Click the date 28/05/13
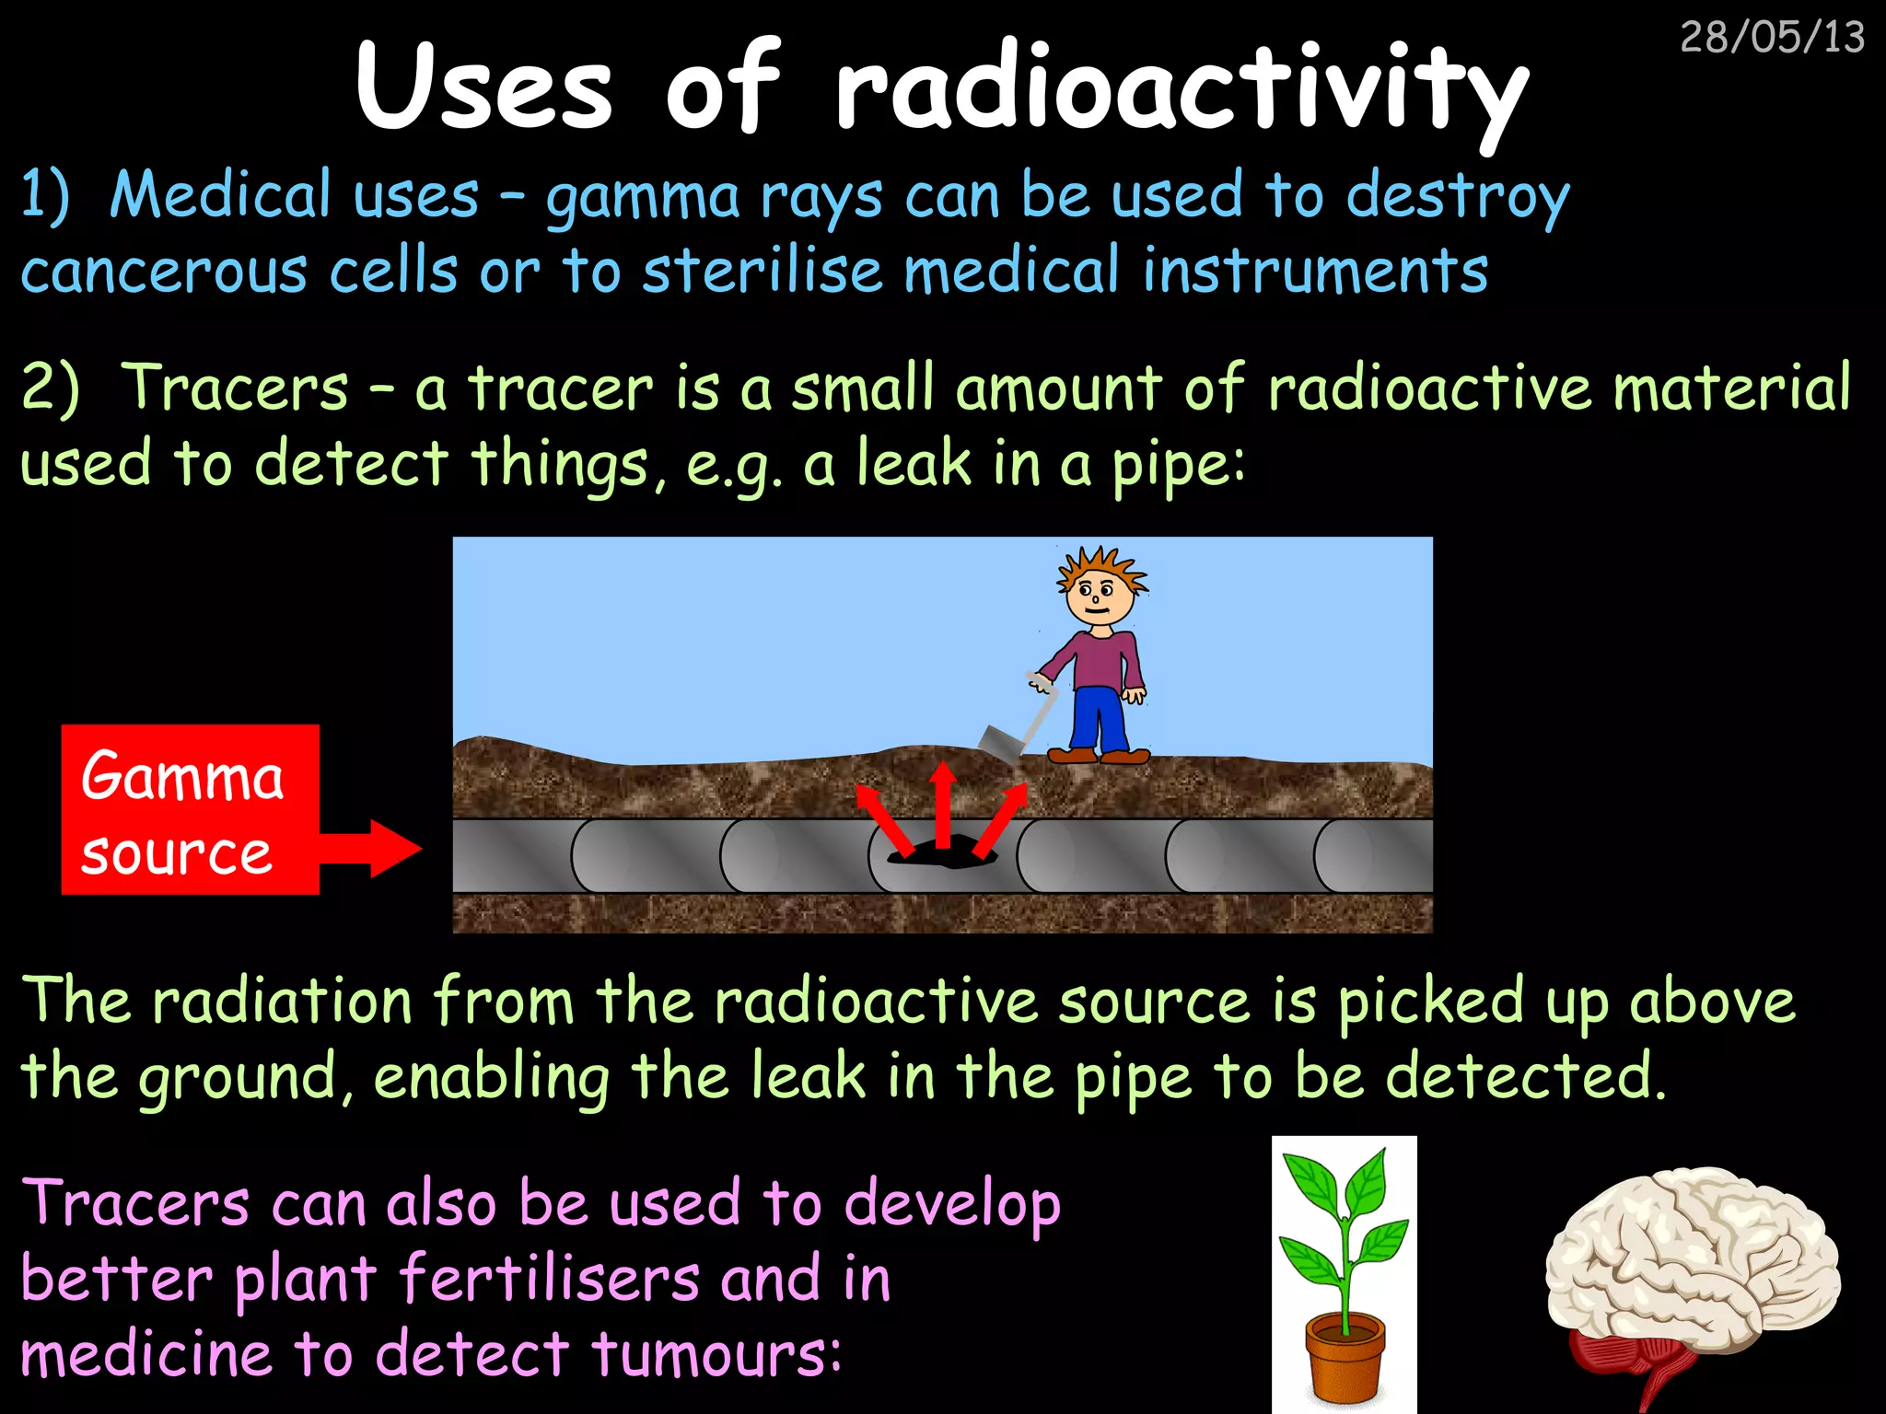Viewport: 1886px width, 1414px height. coord(1772,38)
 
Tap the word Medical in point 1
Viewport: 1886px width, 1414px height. coord(220,195)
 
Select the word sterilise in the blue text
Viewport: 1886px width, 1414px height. coord(763,272)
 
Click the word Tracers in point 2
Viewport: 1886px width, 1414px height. coord(235,388)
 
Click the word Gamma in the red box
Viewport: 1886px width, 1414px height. coord(182,776)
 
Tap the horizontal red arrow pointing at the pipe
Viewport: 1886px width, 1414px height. coord(373,848)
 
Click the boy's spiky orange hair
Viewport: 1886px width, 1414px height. coord(1100,562)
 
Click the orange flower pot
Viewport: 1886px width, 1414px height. coord(1345,1354)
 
